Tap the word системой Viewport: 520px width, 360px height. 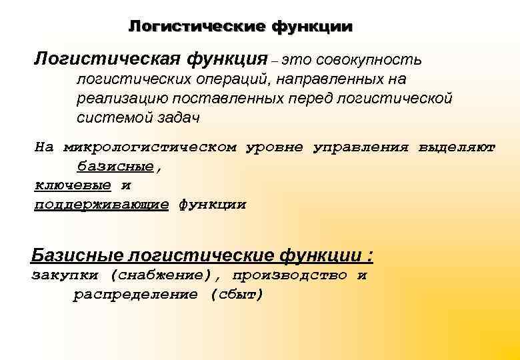107,117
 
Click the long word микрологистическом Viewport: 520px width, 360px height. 150,148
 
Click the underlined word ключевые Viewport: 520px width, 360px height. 73,185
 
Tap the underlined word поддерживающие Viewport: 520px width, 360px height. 101,205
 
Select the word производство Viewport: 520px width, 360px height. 290,275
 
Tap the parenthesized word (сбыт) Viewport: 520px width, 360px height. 237,295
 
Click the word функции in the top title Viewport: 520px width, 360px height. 311,27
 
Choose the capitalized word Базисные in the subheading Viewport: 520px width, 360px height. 77,255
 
